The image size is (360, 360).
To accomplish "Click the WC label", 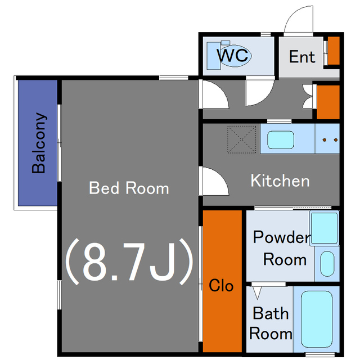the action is coord(232,55).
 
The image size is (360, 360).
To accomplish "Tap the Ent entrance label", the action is coord(302,57).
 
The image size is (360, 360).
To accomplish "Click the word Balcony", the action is coord(39,143).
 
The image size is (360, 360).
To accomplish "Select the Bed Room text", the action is coord(129,188).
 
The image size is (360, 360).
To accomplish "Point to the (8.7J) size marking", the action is coord(129,262).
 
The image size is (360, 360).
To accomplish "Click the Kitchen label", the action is coord(280,181).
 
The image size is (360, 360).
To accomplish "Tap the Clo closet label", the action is coord(221,285).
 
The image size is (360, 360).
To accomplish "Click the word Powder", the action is coord(281,237).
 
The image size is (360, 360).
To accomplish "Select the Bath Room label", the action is coord(271,323).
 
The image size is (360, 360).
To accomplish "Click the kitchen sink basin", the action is coord(281,139).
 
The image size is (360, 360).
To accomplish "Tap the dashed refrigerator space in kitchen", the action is coord(241,139).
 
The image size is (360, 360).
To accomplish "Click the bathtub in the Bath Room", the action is coord(317,319).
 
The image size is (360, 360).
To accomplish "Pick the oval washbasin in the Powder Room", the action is coord(327,264).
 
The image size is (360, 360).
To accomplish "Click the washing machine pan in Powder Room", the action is coord(324,228).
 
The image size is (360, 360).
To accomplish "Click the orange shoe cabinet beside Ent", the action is coord(334,51).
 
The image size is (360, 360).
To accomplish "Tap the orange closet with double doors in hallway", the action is coord(328,102).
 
